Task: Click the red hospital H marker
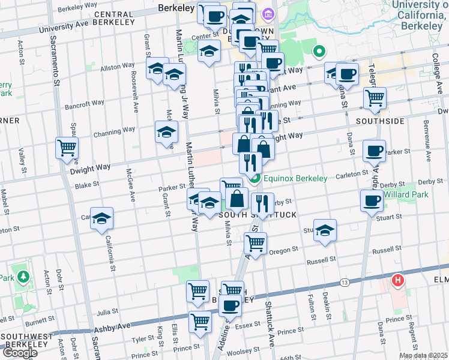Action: click(x=397, y=280)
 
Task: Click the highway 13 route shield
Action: click(x=344, y=281)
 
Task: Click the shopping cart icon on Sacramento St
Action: click(x=67, y=148)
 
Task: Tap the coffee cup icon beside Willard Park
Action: click(x=372, y=200)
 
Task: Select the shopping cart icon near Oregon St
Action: click(x=256, y=243)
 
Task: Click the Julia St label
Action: click(x=107, y=311)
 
